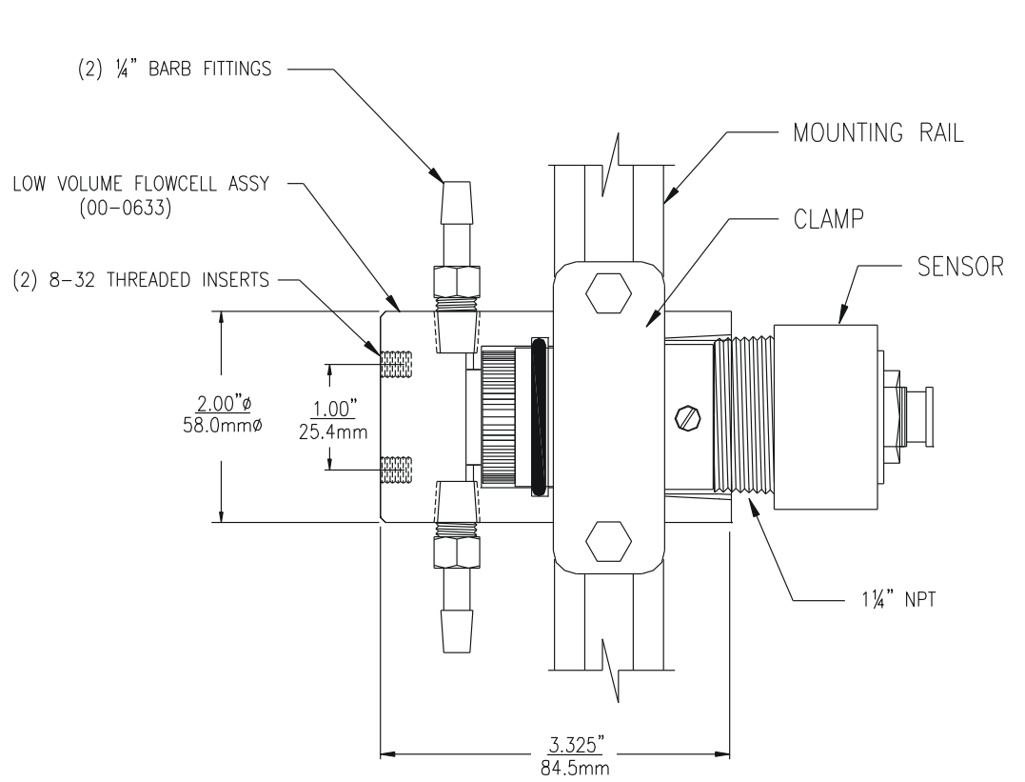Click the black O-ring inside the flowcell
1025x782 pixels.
click(x=539, y=416)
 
